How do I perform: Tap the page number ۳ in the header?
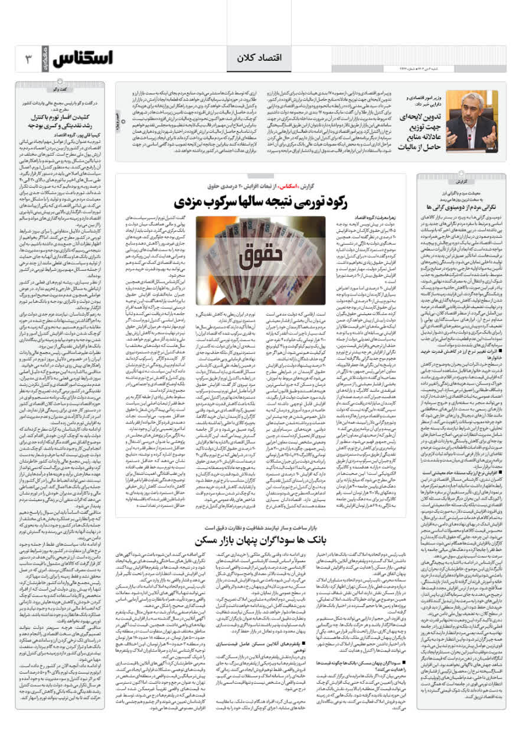coord(28,59)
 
